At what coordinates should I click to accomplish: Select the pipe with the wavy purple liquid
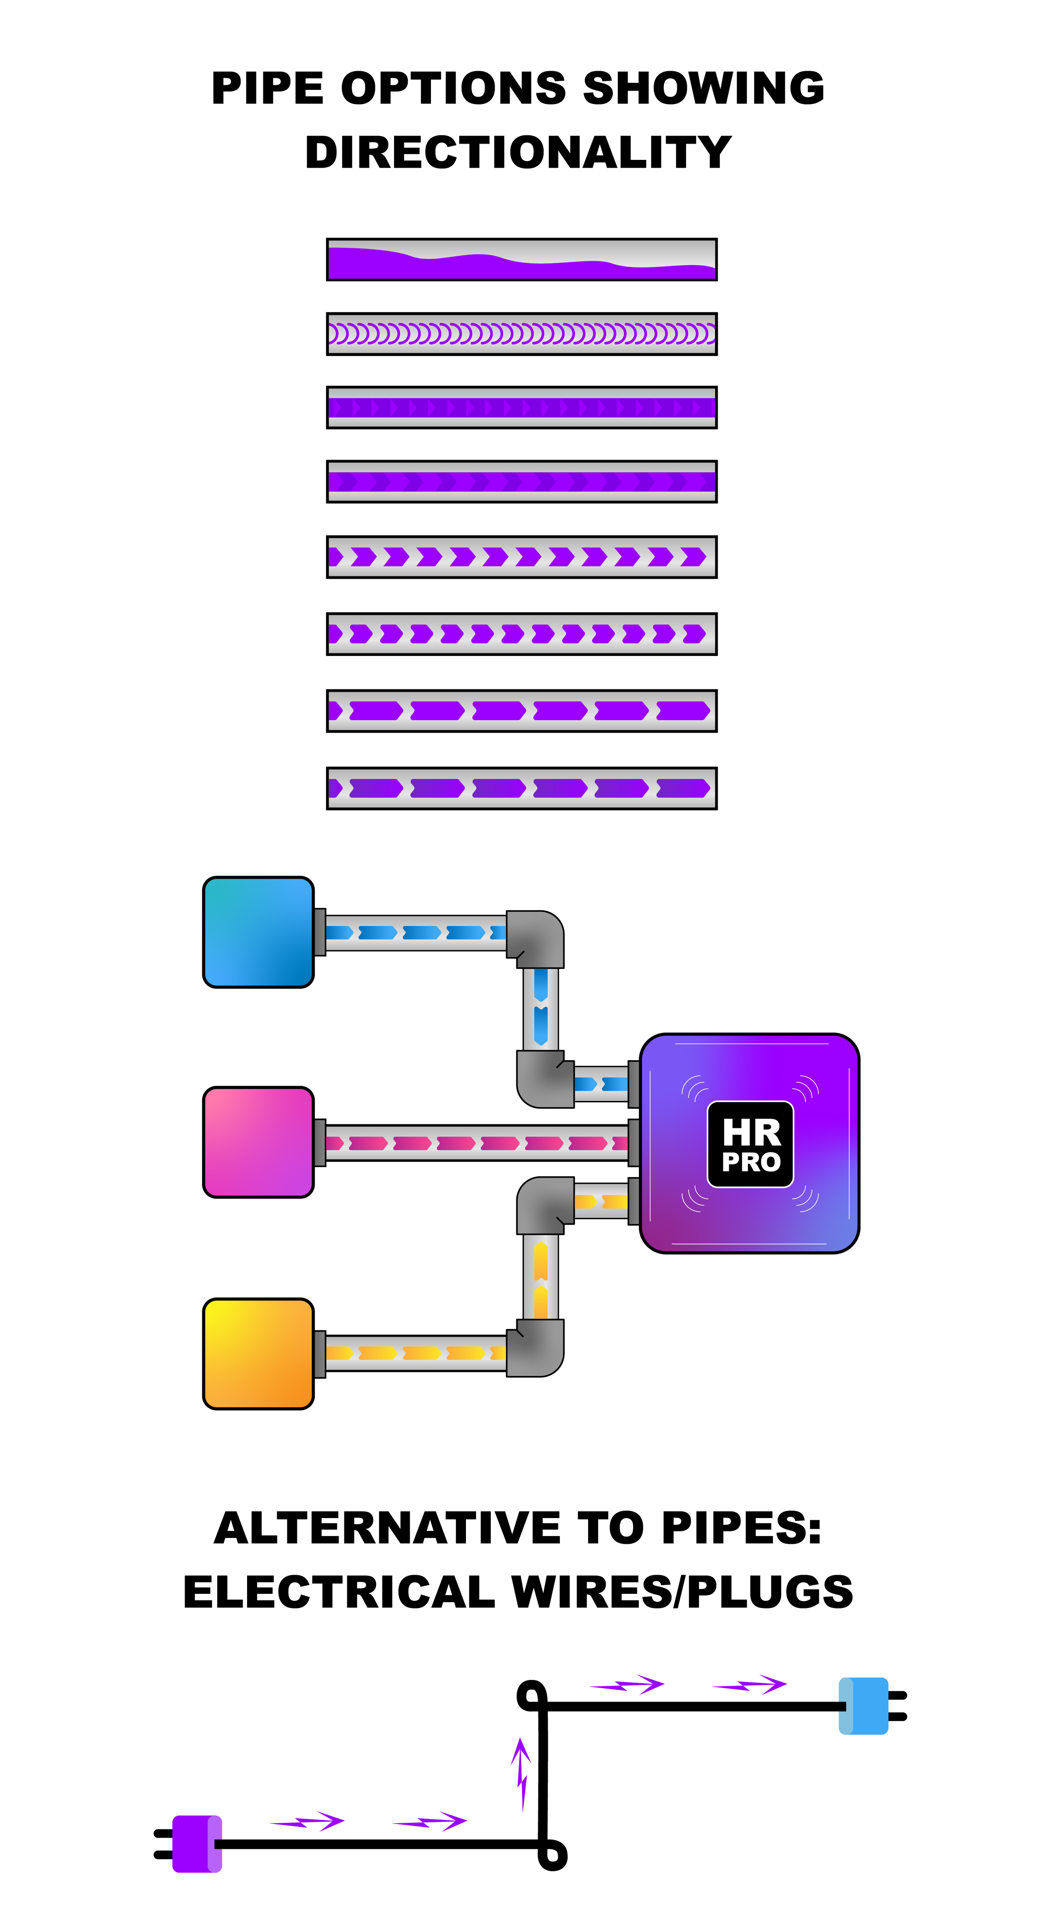(521, 259)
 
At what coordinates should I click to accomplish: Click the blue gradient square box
(258, 932)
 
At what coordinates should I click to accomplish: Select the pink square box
(258, 1142)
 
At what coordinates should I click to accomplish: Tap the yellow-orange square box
(258, 1354)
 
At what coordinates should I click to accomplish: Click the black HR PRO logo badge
(750, 1143)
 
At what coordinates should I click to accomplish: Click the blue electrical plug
(863, 1705)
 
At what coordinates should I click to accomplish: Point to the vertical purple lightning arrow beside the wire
(522, 1773)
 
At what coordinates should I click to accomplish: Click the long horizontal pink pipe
(477, 1143)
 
